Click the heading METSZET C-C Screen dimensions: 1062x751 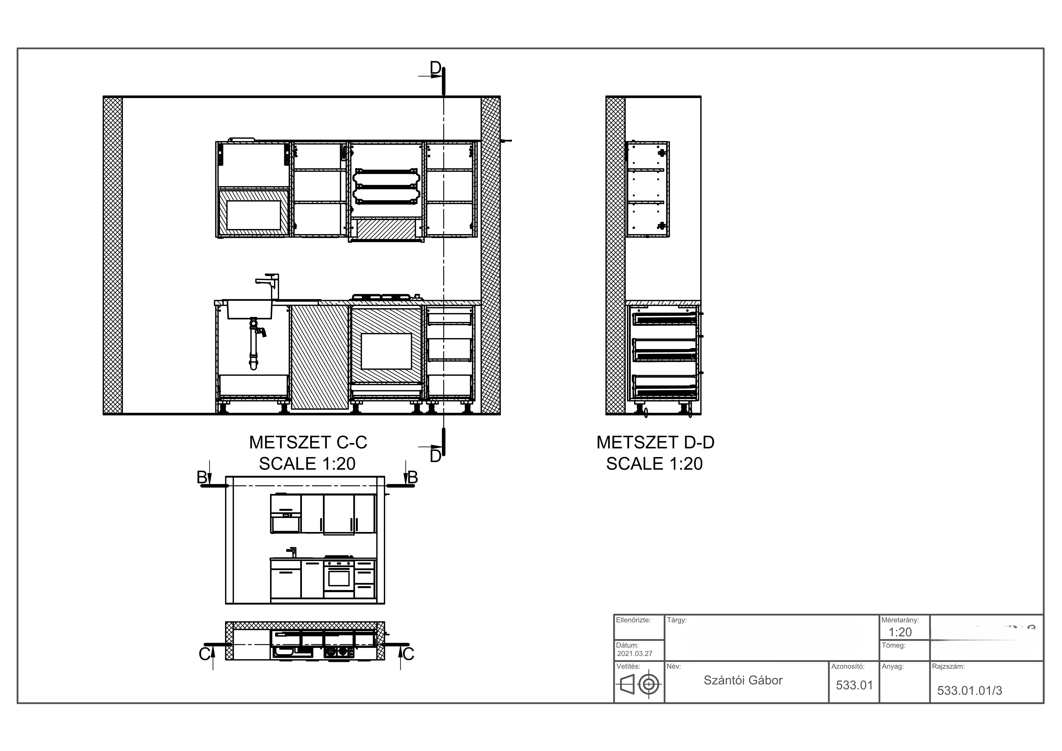(308, 442)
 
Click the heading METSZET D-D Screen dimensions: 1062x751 (655, 442)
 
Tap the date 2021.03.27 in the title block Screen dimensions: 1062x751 (635, 653)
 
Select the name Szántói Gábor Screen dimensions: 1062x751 (743, 680)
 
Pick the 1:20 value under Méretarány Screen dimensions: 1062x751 (900, 632)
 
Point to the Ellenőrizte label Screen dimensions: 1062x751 (633, 620)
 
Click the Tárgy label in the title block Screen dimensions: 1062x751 (677, 620)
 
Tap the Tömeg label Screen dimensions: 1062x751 (894, 645)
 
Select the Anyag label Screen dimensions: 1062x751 (893, 667)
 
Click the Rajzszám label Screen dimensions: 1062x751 (948, 667)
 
